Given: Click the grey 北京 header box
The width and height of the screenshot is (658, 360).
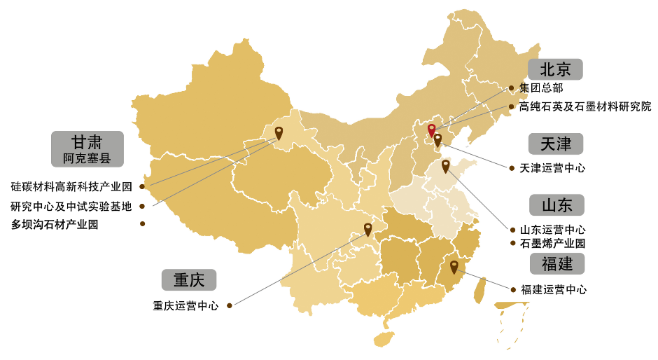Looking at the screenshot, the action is pos(556,69).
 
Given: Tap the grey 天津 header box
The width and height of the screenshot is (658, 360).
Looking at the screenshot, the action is pos(556,144).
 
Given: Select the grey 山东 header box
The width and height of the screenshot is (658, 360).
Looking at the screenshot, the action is pos(556,205).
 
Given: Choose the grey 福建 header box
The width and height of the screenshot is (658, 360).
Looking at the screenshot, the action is pos(556,263).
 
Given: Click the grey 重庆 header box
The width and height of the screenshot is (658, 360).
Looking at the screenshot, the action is pos(188,280).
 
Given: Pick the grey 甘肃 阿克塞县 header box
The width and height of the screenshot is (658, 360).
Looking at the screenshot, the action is pos(87,148).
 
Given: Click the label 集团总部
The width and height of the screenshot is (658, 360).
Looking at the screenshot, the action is pos(541,88).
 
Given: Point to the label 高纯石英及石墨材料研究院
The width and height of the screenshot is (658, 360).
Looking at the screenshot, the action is pos(585,106).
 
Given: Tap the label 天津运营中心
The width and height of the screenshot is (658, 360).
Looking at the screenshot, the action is pos(552,168).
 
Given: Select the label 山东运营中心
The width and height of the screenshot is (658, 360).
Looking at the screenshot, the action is pos(552,229).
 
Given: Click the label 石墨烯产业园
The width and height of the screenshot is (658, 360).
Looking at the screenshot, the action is pos(552,244).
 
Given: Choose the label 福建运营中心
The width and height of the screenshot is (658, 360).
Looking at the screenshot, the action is pos(553,289).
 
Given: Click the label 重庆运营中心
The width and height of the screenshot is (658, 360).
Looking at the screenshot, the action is pos(185,306).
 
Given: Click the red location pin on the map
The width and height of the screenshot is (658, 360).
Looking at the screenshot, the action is pos(431,130).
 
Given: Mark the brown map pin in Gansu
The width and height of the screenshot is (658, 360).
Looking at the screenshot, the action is pos(279,132).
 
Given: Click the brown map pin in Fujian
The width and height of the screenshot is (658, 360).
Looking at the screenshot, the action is pos(454,266).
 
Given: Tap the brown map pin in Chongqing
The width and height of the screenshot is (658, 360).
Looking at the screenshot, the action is pos(367,228).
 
